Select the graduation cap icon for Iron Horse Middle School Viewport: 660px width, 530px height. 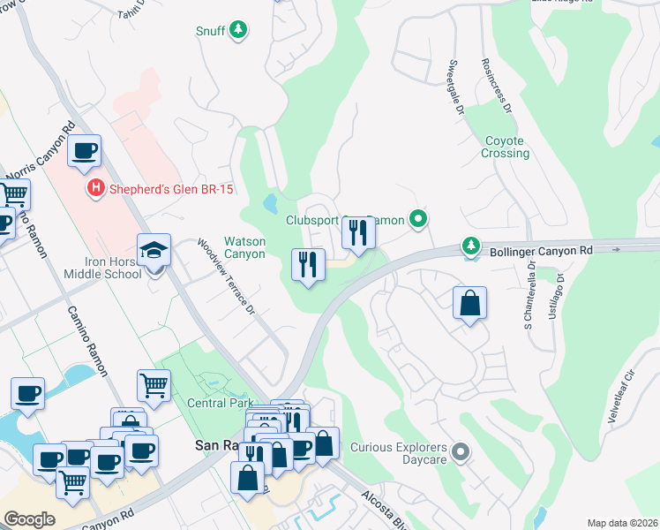(154, 250)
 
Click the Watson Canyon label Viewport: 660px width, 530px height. (244, 247)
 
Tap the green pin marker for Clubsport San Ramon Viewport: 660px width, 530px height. (419, 219)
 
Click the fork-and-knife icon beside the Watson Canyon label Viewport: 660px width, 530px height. (309, 265)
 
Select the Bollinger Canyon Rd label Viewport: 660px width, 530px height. (539, 251)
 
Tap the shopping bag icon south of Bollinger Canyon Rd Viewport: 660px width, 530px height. (470, 302)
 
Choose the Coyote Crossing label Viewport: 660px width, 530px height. (506, 147)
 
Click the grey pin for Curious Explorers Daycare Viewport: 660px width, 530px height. (460, 453)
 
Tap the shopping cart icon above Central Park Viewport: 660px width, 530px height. (154, 385)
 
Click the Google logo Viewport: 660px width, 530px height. (29, 519)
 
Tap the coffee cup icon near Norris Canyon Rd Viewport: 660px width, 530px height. (85, 151)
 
